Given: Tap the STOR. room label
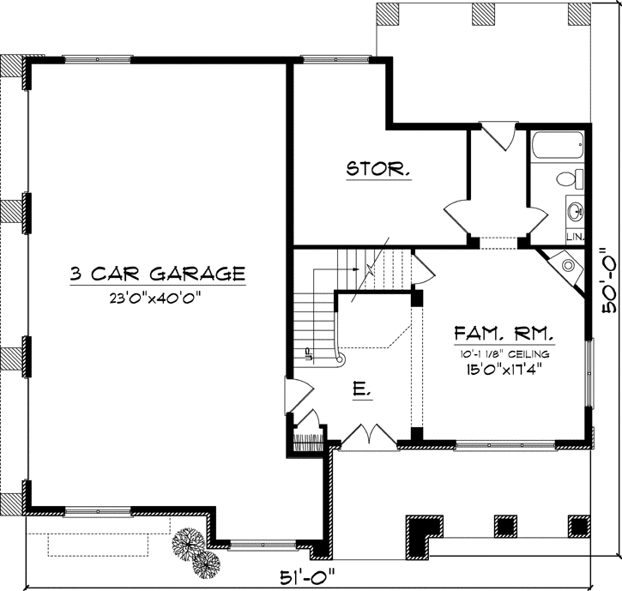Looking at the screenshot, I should (x=377, y=169).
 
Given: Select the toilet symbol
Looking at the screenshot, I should (x=567, y=179).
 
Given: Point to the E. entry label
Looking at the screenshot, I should (x=362, y=391).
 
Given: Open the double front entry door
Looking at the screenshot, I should (x=369, y=436).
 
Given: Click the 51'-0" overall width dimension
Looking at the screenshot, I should (x=316, y=575).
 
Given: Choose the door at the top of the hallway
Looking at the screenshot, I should (x=497, y=134).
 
